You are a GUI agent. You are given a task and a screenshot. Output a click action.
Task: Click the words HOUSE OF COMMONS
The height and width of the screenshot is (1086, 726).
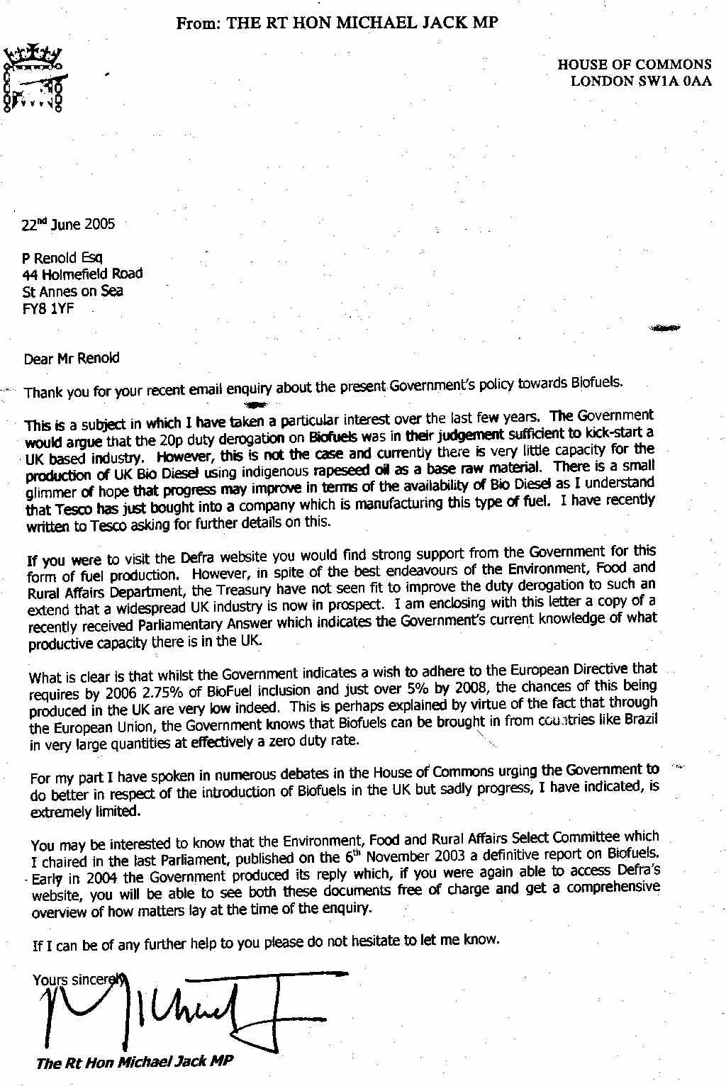[x=634, y=65]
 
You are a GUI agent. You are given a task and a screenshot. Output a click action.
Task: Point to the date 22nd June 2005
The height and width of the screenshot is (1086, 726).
[x=68, y=225]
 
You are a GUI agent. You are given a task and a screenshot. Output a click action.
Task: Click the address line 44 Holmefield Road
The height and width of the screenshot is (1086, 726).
[x=82, y=274]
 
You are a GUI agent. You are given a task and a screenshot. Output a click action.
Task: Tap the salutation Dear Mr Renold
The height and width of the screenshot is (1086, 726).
[x=72, y=358]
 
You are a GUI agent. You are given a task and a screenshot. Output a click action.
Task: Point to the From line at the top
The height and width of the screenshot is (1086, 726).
[x=337, y=22]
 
